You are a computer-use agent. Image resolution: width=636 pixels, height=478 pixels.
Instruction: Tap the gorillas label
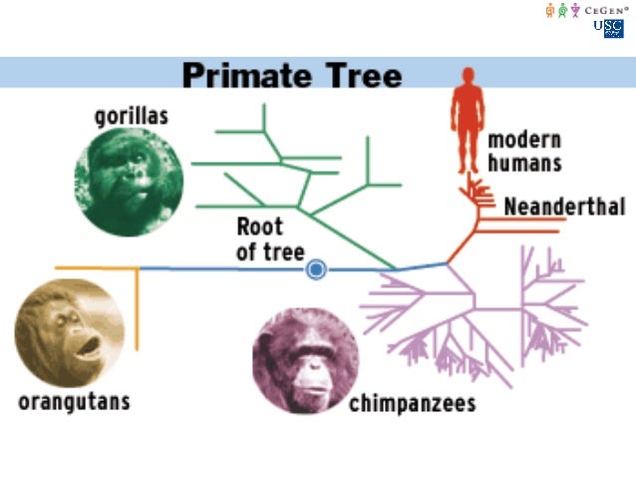click(x=131, y=116)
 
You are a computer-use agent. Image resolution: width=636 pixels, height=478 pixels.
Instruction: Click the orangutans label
click(x=74, y=402)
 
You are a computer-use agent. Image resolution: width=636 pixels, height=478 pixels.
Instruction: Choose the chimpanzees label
click(x=412, y=404)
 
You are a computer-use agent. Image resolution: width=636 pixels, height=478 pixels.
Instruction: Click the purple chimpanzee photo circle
click(x=306, y=359)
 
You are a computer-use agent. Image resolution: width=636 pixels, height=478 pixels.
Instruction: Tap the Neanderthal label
click(x=564, y=208)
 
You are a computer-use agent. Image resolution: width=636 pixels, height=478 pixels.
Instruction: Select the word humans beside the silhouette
click(x=524, y=163)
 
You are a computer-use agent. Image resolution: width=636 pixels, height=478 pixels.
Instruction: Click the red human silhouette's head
click(x=466, y=77)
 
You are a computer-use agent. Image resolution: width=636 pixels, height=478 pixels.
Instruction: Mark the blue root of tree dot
click(x=316, y=268)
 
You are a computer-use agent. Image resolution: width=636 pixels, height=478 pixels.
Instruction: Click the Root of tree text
click(x=270, y=239)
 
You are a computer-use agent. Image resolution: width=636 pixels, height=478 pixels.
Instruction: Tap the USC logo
click(x=607, y=28)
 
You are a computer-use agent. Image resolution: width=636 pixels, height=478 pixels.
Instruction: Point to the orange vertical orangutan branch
click(x=137, y=309)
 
